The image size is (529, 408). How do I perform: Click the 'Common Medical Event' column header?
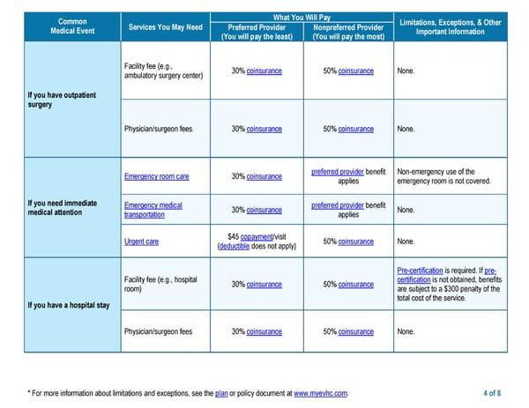(x=71, y=26)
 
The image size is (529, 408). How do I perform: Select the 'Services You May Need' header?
(x=165, y=26)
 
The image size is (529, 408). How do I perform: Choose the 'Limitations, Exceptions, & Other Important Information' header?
(x=450, y=26)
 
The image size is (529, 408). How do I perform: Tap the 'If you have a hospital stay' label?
(x=66, y=306)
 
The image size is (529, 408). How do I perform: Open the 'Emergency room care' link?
(x=157, y=176)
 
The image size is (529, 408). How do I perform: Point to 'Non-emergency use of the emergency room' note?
(x=444, y=176)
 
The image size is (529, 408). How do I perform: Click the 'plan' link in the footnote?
(x=222, y=392)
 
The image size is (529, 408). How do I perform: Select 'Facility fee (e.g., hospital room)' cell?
(x=160, y=284)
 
